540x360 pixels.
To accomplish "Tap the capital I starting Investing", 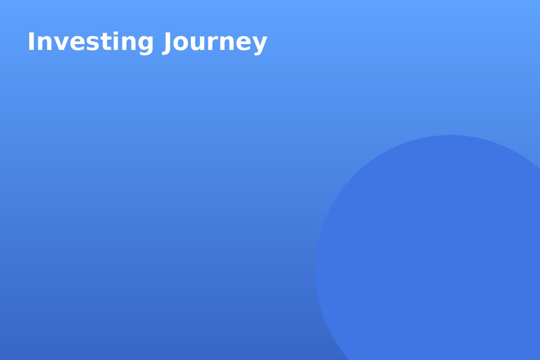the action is point(31,41).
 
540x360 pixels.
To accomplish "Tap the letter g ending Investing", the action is point(145,46).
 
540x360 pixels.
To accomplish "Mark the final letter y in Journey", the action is point(260,46).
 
